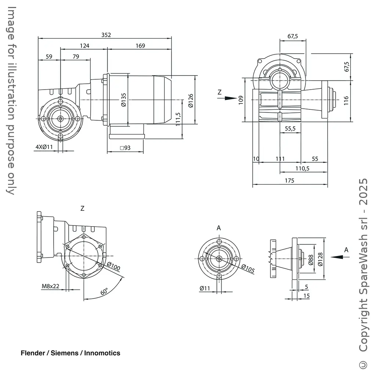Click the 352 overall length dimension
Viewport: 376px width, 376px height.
106,35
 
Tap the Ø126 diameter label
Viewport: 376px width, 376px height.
190,100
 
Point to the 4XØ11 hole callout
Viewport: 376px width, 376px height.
44,147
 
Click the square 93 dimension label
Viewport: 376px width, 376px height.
125,148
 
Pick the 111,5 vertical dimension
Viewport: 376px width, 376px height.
178,119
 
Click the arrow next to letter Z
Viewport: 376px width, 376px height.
230,98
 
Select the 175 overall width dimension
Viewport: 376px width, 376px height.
289,180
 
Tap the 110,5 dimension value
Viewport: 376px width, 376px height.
302,168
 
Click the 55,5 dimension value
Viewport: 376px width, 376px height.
290,129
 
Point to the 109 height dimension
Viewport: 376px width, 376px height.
241,100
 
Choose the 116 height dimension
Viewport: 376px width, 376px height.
346,100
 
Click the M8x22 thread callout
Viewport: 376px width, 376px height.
50,286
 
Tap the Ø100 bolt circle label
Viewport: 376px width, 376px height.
113,267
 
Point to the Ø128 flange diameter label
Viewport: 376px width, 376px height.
320,259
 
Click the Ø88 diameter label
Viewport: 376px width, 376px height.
311,260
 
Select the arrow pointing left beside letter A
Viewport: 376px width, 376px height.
337,257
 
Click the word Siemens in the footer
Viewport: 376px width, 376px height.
64,353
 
